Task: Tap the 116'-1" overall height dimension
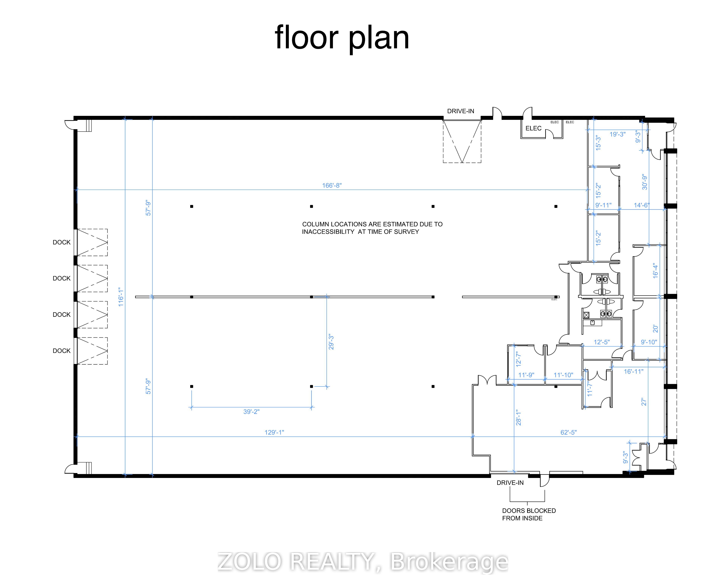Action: pyautogui.click(x=121, y=297)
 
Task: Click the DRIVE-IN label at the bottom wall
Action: pyautogui.click(x=510, y=483)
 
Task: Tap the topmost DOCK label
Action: pyautogui.click(x=62, y=242)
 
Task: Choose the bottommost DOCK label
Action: pyautogui.click(x=62, y=351)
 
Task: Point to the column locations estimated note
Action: pyautogui.click(x=372, y=228)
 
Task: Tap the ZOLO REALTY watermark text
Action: pyautogui.click(x=363, y=562)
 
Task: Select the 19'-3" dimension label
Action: pyautogui.click(x=617, y=134)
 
